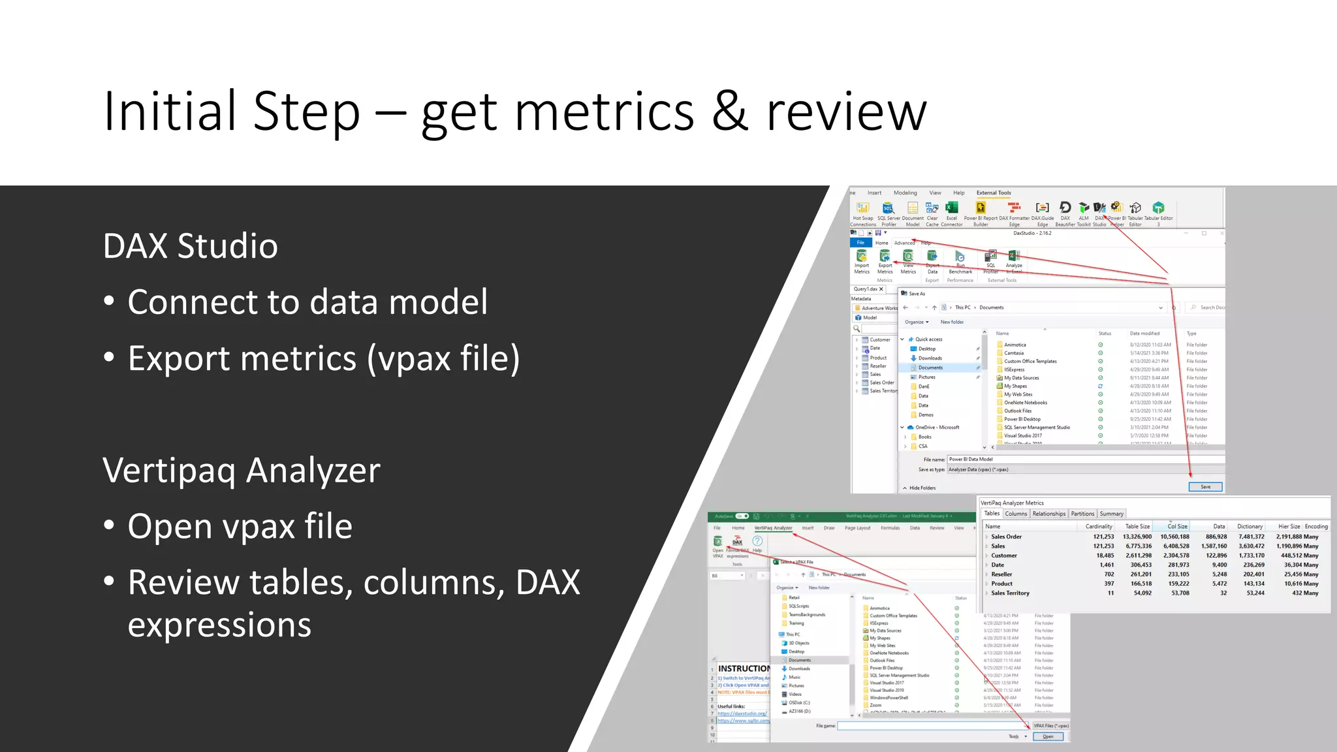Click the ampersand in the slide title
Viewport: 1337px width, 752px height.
[729, 112]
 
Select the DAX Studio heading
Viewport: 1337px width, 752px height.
[190, 246]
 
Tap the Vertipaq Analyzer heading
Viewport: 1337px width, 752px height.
[241, 470]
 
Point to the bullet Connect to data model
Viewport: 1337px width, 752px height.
[307, 302]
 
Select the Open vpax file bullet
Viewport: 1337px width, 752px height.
[240, 526]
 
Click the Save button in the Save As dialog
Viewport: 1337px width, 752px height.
[1205, 487]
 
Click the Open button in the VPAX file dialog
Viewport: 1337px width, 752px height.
[1048, 736]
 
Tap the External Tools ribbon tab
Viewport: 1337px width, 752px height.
[993, 193]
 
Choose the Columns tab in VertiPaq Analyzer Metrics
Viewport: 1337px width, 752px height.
[1016, 514]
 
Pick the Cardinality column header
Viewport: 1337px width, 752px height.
[1099, 526]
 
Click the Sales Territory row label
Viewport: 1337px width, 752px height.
[1010, 593]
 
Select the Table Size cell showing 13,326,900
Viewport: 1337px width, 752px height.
[1137, 537]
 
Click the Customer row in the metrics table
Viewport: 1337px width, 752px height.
[1003, 556]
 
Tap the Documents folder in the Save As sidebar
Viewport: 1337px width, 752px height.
[930, 368]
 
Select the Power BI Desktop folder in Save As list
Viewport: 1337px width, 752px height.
[1022, 419]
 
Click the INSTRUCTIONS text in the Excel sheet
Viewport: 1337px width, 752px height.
[744, 668]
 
